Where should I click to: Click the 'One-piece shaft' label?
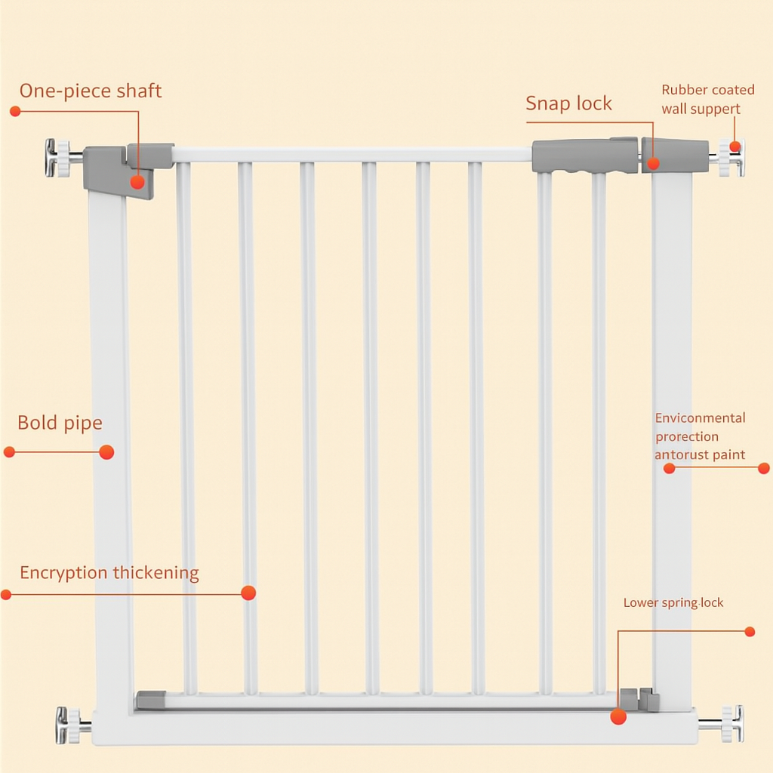click(x=91, y=91)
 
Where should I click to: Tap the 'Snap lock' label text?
click(x=568, y=103)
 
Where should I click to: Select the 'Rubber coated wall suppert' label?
click(x=707, y=99)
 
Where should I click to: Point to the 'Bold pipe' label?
click(x=60, y=423)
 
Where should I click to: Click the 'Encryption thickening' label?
click(x=109, y=573)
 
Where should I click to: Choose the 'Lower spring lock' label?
click(x=673, y=602)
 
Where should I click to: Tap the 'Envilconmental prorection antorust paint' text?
click(x=700, y=436)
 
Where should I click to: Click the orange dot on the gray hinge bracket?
click(x=137, y=182)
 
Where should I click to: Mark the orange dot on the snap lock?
click(x=653, y=163)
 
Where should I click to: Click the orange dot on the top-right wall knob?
click(x=735, y=146)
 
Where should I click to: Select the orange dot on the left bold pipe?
click(x=106, y=452)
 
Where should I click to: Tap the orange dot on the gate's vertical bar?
click(x=248, y=593)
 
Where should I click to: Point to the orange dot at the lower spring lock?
click(x=618, y=717)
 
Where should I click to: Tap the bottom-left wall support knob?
click(x=69, y=725)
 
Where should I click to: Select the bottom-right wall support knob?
click(x=731, y=724)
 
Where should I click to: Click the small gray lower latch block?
click(x=639, y=699)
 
